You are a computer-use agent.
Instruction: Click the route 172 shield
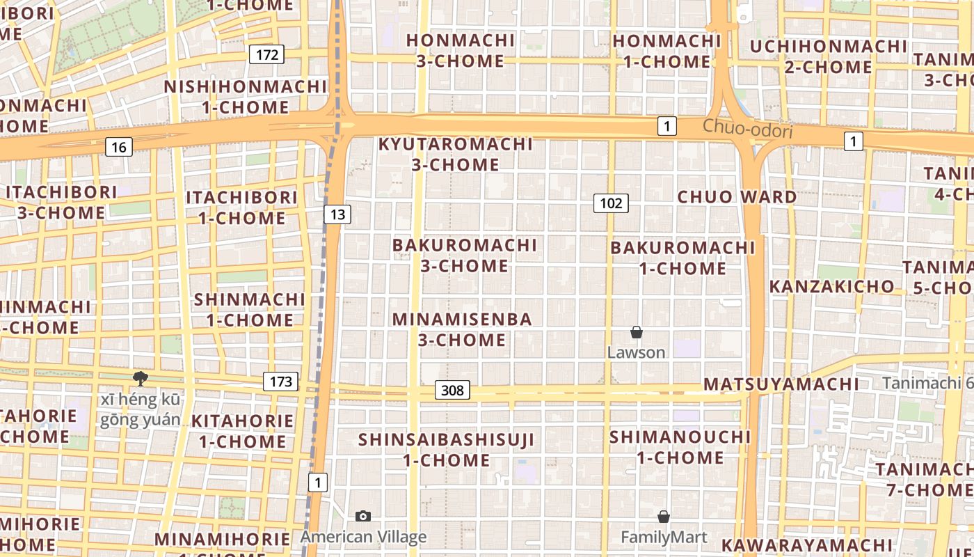tap(267, 54)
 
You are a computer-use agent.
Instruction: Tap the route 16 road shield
tap(119, 147)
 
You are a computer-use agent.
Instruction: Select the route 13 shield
tap(337, 214)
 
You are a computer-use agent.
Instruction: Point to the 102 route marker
tap(611, 203)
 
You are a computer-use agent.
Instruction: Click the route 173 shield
tap(280, 382)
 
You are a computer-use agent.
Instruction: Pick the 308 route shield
tap(452, 390)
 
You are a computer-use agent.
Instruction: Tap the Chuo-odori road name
tap(747, 128)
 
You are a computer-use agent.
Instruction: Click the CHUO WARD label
tap(737, 197)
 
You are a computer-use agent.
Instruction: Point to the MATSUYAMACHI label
tap(781, 384)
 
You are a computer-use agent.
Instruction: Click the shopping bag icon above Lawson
tap(636, 332)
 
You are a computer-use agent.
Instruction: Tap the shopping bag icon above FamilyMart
tap(664, 517)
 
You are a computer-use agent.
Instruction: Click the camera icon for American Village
tap(362, 516)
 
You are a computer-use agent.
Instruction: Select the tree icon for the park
tap(141, 379)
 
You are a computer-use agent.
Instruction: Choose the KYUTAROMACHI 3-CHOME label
tap(456, 155)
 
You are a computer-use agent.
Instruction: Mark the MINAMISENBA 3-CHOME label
tap(462, 329)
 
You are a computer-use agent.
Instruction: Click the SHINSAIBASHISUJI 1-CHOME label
tap(447, 450)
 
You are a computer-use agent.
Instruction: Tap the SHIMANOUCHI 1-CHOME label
tap(680, 447)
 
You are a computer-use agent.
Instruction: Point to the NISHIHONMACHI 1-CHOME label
tap(246, 97)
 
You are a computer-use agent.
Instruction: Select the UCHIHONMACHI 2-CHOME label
tap(829, 57)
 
